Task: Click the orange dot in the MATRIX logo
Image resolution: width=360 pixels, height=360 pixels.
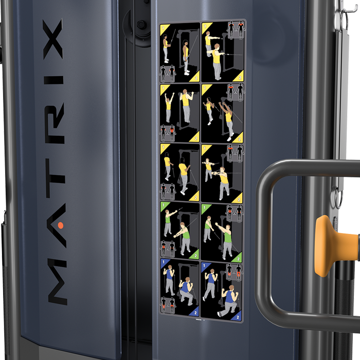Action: [60, 225]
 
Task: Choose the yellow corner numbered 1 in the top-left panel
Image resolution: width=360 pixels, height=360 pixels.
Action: [164, 28]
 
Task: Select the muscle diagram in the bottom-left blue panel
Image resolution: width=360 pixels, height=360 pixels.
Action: [168, 304]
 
